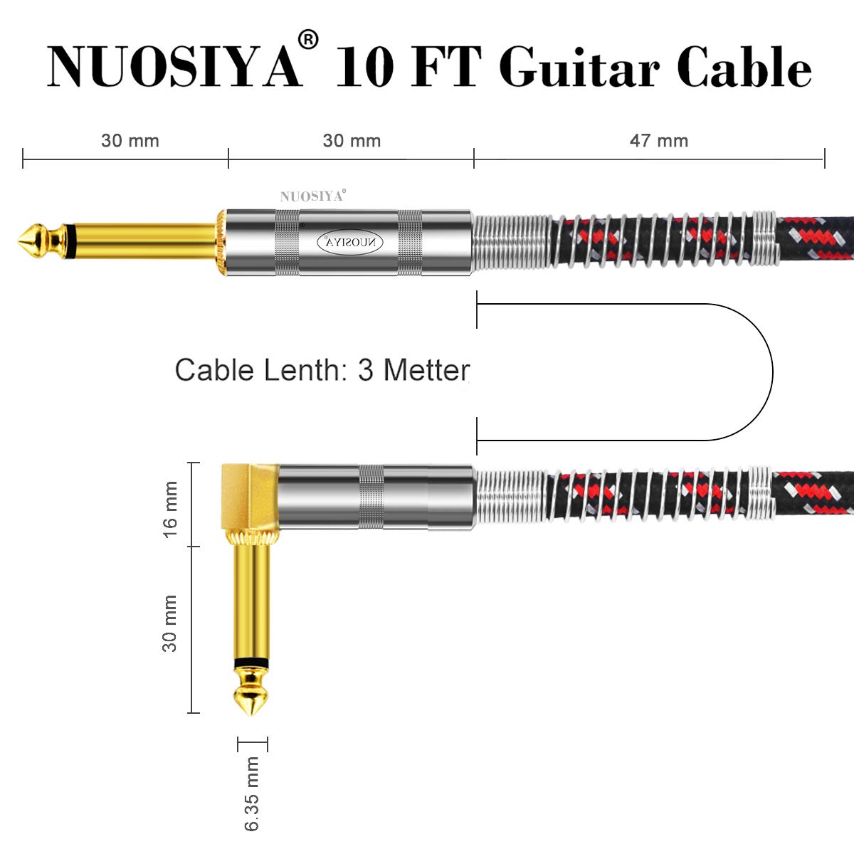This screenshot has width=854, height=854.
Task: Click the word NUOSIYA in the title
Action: click(x=174, y=68)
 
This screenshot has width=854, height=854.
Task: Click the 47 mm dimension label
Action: click(x=659, y=140)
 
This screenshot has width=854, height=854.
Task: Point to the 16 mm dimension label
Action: click(x=171, y=510)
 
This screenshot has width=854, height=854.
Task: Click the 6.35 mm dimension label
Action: click(x=252, y=794)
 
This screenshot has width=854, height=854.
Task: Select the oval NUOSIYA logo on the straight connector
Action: click(x=349, y=242)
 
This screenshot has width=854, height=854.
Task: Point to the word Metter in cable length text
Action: click(x=426, y=370)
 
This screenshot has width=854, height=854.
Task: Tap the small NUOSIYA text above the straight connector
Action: click(x=311, y=196)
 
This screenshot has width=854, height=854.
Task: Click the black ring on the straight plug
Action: click(x=68, y=241)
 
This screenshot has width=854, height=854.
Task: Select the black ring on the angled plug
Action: click(x=251, y=663)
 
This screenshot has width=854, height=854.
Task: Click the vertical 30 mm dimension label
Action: click(x=170, y=623)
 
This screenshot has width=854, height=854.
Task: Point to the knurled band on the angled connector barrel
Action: click(x=371, y=497)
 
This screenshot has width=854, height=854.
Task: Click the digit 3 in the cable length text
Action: click(x=365, y=370)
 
